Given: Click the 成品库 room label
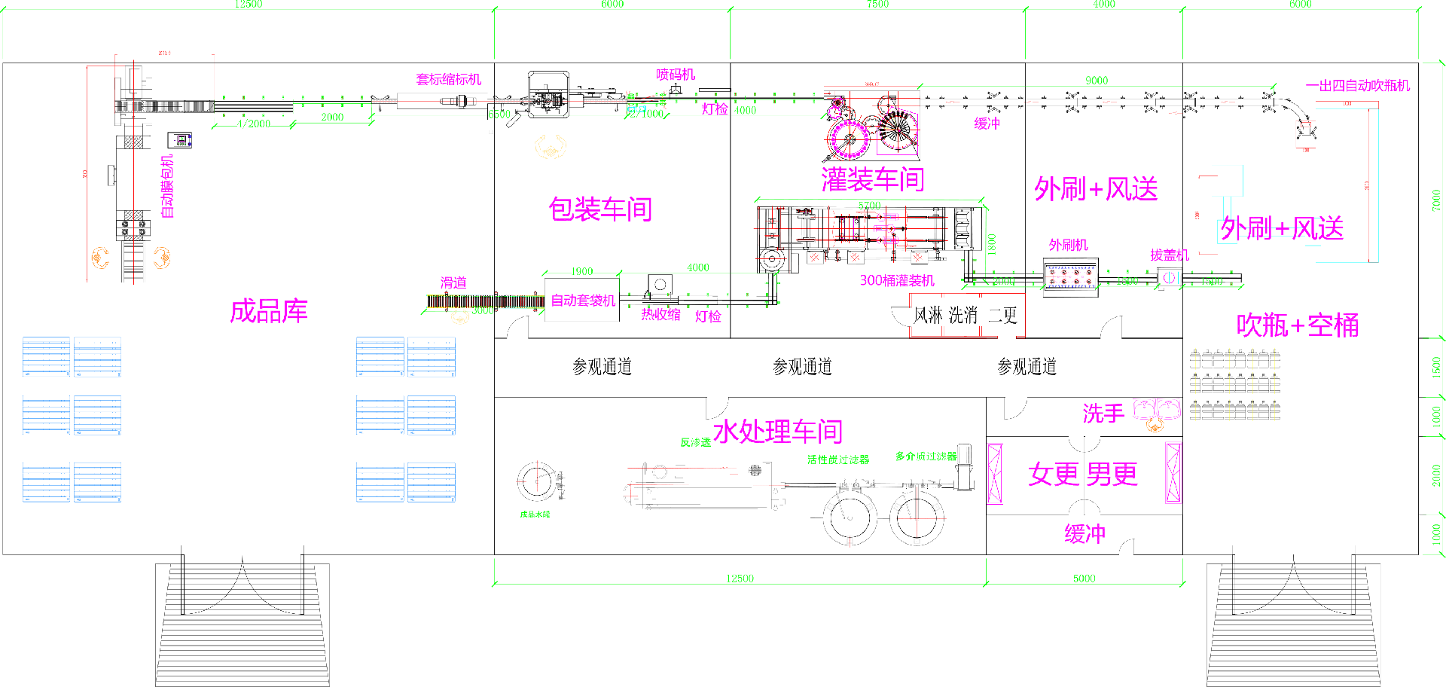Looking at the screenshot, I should point(269,311).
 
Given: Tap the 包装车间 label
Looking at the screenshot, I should point(599,209).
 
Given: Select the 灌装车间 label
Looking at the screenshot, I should point(872,179).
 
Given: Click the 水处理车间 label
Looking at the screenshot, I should point(777,432).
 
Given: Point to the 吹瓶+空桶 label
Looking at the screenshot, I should point(1297,325).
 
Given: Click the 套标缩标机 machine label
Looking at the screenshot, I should point(448,79).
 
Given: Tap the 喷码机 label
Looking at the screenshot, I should point(676,74).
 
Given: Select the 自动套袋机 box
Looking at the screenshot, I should point(583,301).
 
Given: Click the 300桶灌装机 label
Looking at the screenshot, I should point(897,280).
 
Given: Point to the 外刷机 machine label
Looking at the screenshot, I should point(1068,245).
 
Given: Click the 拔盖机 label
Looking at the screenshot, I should point(1169,255).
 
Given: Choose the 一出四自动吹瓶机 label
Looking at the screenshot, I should point(1357,86).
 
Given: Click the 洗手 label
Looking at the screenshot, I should point(1103,414).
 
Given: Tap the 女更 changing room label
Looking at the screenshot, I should point(1054,475).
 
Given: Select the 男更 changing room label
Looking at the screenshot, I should point(1112,475).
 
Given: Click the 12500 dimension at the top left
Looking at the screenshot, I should point(249,5).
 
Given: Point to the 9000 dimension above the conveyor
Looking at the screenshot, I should point(1097,81).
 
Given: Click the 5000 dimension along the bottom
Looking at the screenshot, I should point(1084,579).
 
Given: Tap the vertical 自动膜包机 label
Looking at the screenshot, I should point(167,186).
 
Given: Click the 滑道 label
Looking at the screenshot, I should point(453,282).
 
